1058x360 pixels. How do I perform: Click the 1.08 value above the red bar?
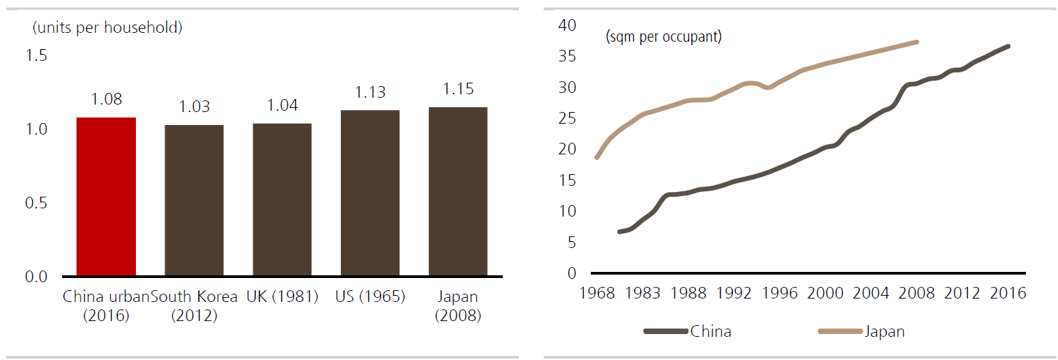pyautogui.click(x=107, y=99)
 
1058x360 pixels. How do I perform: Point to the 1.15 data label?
pyautogui.click(x=458, y=89)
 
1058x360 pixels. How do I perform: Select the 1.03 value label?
pyautogui.click(x=195, y=107)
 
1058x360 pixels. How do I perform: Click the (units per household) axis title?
pyautogui.click(x=107, y=28)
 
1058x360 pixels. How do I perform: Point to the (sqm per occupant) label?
pyautogui.click(x=663, y=37)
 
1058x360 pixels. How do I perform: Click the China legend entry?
pyautogui.click(x=710, y=332)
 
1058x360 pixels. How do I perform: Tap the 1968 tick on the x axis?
pyautogui.click(x=598, y=293)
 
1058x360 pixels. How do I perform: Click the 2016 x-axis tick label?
pyautogui.click(x=1008, y=293)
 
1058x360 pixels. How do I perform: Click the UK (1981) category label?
pyautogui.click(x=282, y=297)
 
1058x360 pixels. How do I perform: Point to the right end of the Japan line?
pyautogui.click(x=917, y=42)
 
